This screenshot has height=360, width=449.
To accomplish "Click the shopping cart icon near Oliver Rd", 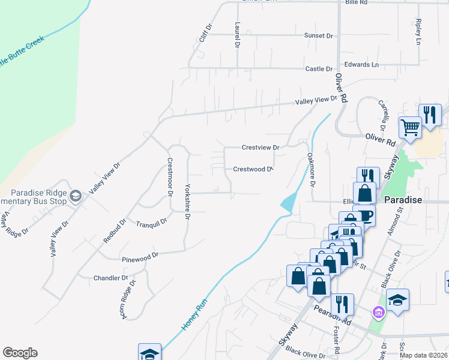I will (411, 127).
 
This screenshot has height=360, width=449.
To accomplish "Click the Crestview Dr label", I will (261, 147).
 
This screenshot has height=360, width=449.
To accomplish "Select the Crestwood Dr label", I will (253, 169).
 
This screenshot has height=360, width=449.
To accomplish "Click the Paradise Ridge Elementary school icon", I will (76, 196).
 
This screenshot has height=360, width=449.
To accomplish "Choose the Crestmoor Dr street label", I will (169, 176).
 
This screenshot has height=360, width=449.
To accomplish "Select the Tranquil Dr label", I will (151, 223).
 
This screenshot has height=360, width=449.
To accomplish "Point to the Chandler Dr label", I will (111, 278).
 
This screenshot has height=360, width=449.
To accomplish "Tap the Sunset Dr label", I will (318, 36).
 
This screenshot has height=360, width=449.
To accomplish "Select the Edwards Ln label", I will (361, 64).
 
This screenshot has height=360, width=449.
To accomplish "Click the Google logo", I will (20, 353).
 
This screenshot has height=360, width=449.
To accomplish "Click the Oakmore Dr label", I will (311, 169).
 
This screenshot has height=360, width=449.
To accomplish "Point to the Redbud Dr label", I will (114, 230).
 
